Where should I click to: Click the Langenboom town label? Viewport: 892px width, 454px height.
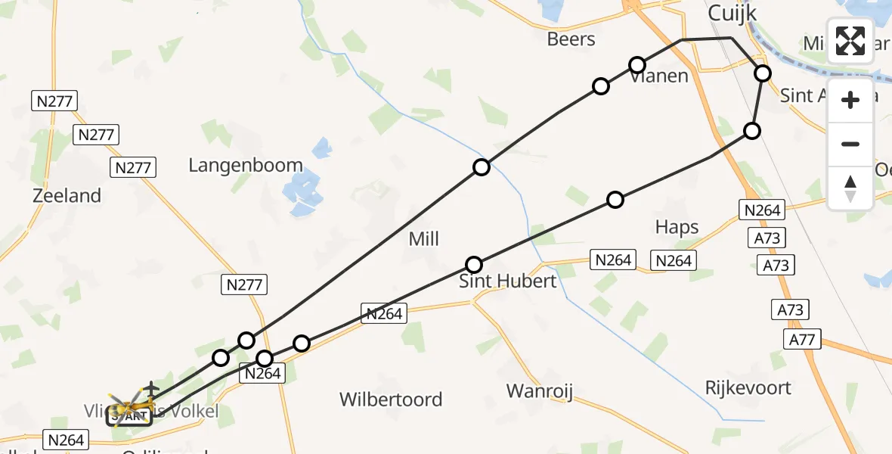click(x=246, y=166)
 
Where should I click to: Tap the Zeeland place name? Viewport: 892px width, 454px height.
click(x=67, y=196)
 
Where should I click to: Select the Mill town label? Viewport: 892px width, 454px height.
click(x=423, y=239)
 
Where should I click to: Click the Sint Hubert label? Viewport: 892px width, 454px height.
click(x=508, y=281)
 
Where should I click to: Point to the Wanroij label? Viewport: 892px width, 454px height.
click(x=540, y=392)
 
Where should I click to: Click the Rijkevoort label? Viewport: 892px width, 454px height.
click(x=748, y=388)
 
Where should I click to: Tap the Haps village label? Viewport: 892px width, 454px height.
click(x=677, y=227)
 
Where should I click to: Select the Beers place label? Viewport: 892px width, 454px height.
click(x=571, y=39)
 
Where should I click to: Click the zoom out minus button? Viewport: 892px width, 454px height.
click(x=850, y=144)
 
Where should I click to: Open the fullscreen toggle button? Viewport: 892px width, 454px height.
click(x=850, y=41)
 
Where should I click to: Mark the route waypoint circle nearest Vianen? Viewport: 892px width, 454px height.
click(x=637, y=65)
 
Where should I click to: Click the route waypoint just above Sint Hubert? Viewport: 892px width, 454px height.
click(x=474, y=265)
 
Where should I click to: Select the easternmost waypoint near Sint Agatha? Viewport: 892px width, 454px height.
click(x=763, y=73)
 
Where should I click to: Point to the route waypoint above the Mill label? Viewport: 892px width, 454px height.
click(x=482, y=168)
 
